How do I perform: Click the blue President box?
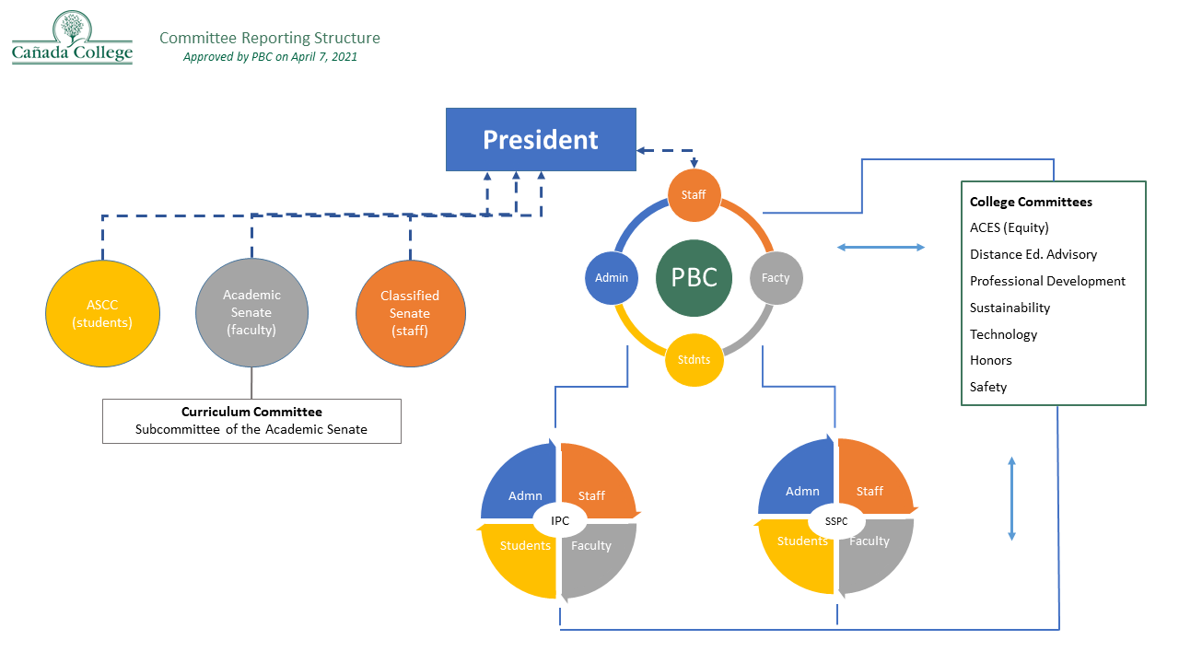(x=541, y=139)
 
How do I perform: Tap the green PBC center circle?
(x=695, y=277)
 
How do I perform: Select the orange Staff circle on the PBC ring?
(x=694, y=195)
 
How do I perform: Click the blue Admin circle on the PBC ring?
(x=612, y=277)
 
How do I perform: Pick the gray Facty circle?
(x=776, y=277)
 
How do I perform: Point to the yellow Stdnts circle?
(x=694, y=359)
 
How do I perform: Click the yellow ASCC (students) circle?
(x=102, y=312)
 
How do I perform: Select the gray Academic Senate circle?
(x=251, y=312)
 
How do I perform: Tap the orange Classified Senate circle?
(x=410, y=312)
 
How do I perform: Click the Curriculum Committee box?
(x=251, y=421)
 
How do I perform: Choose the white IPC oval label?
(x=560, y=521)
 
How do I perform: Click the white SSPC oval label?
(x=836, y=521)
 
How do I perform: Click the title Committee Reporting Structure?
(x=270, y=38)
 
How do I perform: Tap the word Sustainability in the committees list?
(x=1010, y=308)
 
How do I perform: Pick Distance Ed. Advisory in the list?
(x=1033, y=254)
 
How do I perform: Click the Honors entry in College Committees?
(x=991, y=360)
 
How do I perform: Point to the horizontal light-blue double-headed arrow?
(x=881, y=247)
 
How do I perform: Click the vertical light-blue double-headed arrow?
(x=1011, y=498)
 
